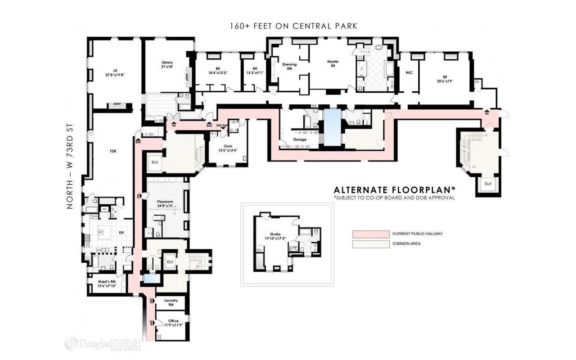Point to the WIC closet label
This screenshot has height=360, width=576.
pos(409,72)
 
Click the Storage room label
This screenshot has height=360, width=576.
pos(300,139)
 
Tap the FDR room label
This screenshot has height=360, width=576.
pos(113,151)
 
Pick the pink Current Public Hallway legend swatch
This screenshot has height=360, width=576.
pos(370,234)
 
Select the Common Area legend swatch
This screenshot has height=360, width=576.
pos(370,244)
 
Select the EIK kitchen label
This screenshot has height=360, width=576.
pos(121,233)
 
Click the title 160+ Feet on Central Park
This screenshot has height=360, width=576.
pos(293,26)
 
